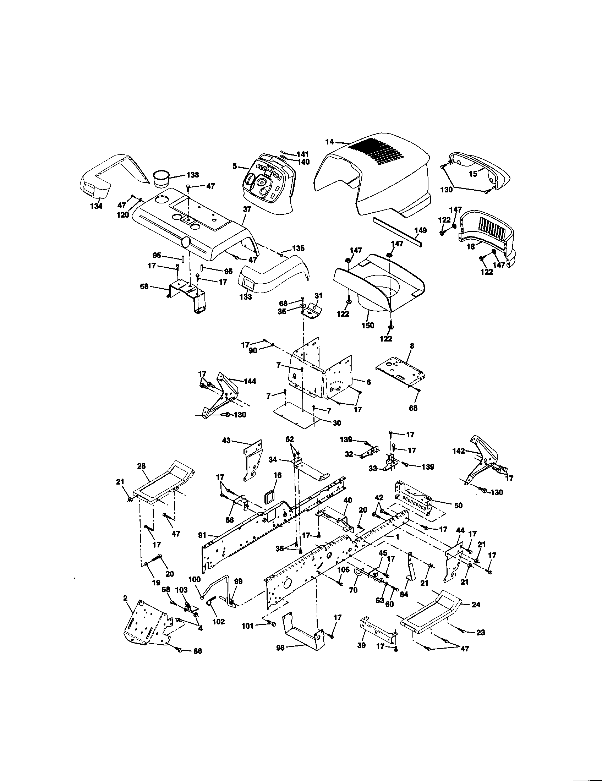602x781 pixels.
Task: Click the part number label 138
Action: (x=192, y=175)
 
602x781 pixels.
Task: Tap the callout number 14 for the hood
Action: (x=330, y=142)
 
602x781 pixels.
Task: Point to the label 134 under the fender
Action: (x=96, y=206)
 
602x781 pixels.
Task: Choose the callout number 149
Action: (x=421, y=230)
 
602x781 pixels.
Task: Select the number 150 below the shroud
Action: (x=367, y=326)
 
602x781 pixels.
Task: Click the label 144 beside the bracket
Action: (x=250, y=381)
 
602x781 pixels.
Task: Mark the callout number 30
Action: (x=336, y=423)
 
